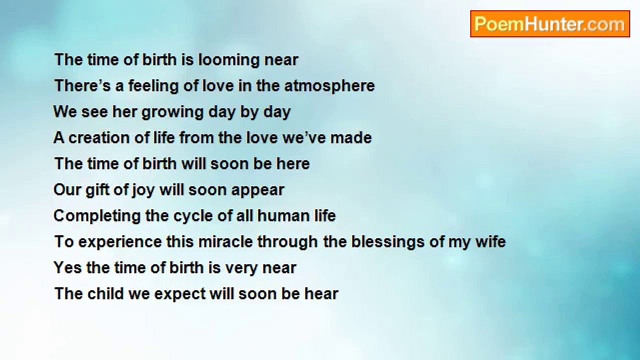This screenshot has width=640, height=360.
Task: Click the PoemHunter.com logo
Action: tap(550, 24)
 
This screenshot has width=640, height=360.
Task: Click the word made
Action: tap(351, 137)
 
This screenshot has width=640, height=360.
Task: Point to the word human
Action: tap(283, 215)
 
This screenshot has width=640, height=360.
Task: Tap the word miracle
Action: tap(225, 241)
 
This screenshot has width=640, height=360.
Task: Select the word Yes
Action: tap(67, 267)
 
